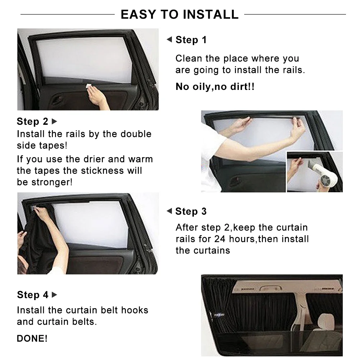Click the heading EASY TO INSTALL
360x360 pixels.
point(179,14)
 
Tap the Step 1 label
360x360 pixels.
point(191,40)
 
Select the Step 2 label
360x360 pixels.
point(32,121)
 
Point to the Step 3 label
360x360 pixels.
point(191,211)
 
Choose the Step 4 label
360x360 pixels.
point(32,295)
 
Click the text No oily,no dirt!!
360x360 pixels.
point(215,87)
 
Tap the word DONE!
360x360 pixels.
point(32,338)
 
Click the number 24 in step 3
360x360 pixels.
point(220,239)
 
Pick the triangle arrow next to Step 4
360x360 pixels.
point(55,295)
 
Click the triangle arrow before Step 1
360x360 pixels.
point(169,40)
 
